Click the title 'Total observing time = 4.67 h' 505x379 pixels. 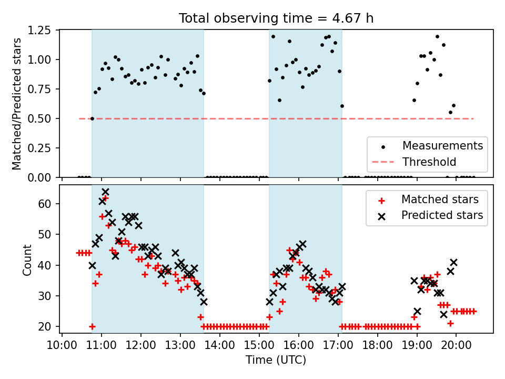coord(276,18)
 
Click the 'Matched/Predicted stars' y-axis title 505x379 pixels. coord(16,104)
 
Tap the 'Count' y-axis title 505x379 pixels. coord(27,260)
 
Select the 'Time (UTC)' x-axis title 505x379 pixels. coord(276,360)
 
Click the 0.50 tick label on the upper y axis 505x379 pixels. coord(39,118)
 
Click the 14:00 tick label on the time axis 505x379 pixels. coord(220,345)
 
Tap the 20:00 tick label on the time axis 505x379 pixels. coord(456,345)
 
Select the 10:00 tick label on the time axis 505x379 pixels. coord(62,345)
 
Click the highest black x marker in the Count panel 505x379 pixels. coord(105,192)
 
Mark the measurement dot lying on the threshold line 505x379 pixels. coord(92,118)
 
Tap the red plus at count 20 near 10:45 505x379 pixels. coord(92,326)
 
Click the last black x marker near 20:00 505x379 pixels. coord(453,262)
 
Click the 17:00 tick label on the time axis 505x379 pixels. coord(338,345)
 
